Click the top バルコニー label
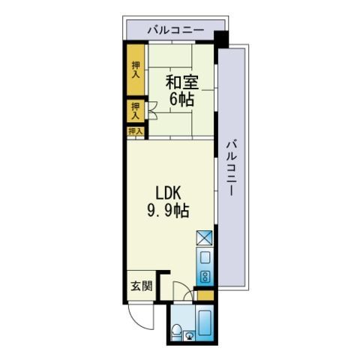(175, 31)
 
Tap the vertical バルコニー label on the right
(232, 168)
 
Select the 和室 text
(182, 82)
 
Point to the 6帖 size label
(182, 99)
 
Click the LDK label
(168, 193)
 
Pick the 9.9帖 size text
(168, 211)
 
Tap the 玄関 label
(142, 286)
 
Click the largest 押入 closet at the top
(136, 70)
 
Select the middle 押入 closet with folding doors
(136, 111)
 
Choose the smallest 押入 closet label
(135, 131)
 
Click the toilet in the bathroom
(177, 331)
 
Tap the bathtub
(205, 323)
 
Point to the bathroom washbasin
(190, 335)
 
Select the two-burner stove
(205, 277)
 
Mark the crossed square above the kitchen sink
(204, 238)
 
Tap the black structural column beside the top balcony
(221, 39)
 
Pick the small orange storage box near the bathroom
(205, 295)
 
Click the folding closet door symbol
(152, 110)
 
